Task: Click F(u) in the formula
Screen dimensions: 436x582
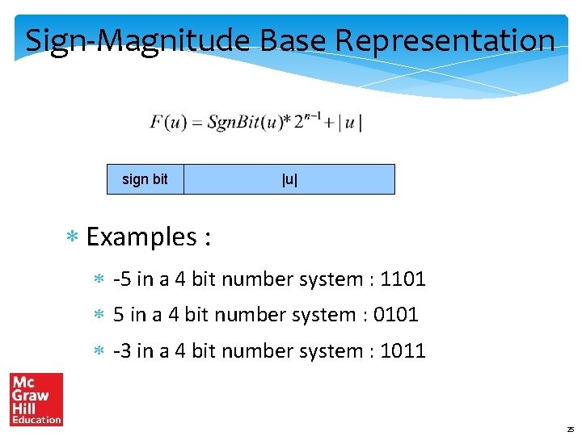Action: (167, 123)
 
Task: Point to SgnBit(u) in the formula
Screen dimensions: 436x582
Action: (243, 123)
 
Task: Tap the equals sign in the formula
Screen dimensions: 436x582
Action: (195, 124)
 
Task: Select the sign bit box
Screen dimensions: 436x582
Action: (145, 179)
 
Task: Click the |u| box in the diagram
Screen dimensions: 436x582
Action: (289, 179)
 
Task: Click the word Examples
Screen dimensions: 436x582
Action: (141, 237)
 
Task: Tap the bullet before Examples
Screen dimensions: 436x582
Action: (72, 238)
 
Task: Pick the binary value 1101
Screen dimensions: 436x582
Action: (403, 279)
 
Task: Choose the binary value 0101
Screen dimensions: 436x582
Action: (395, 315)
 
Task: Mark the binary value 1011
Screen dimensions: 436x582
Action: (403, 351)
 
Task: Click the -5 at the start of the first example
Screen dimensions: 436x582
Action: (123, 279)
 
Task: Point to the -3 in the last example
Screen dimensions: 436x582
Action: (123, 351)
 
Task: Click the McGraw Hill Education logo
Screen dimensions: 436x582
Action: (36, 399)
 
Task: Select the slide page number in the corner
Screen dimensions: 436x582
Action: (570, 429)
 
